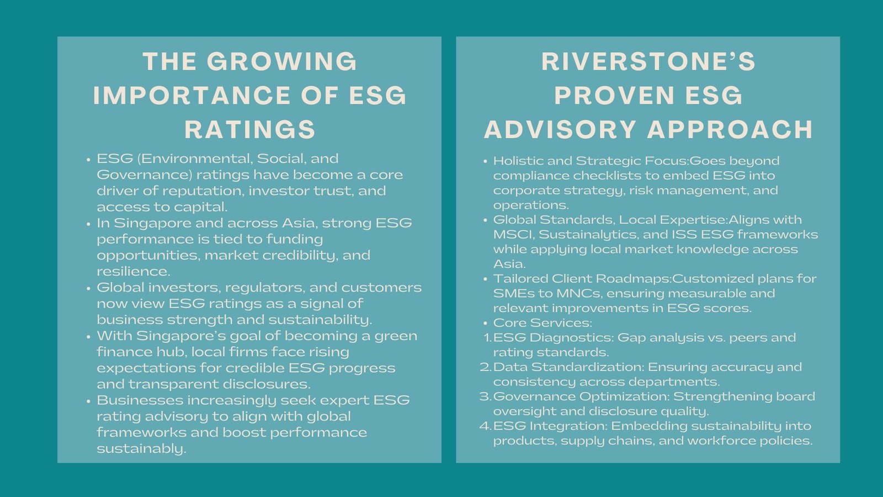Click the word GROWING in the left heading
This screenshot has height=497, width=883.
[x=282, y=61]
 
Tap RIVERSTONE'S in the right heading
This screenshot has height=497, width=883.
[x=648, y=61]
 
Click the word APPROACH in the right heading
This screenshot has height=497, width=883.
[x=730, y=129]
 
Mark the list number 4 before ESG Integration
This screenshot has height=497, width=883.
[x=486, y=426]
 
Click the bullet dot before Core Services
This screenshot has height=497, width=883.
[x=485, y=324]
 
